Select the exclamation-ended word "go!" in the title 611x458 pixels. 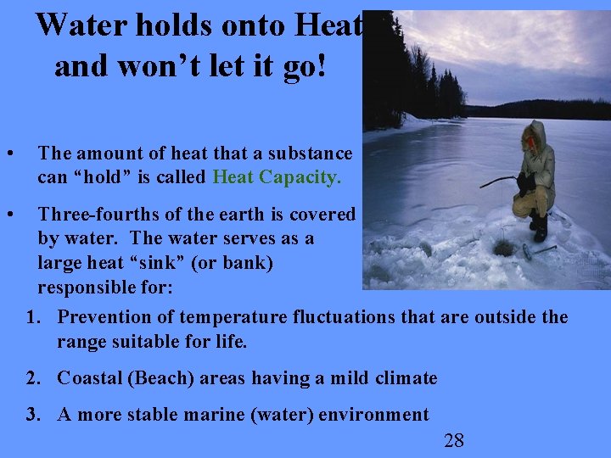click(x=305, y=64)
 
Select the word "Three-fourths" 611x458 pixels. click(x=92, y=215)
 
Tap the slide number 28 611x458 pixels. click(x=454, y=439)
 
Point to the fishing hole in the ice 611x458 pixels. click(x=504, y=247)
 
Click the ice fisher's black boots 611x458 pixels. click(x=538, y=227)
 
